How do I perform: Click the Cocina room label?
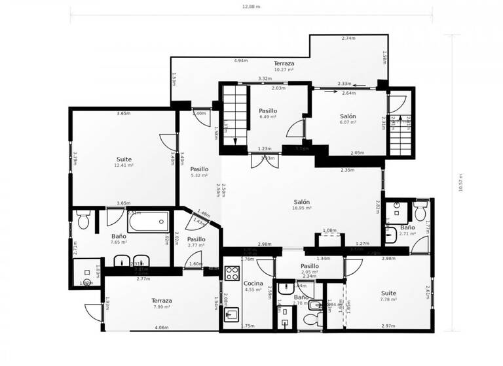pyautogui.click(x=253, y=283)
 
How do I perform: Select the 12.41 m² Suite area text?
pyautogui.click(x=124, y=165)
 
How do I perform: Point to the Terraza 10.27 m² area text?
pyautogui.click(x=284, y=69)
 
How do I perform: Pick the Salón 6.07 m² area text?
pyautogui.click(x=348, y=122)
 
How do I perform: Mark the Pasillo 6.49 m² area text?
pyautogui.click(x=268, y=117)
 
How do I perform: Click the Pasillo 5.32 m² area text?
pyautogui.click(x=199, y=175)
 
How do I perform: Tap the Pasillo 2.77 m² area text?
pyautogui.click(x=196, y=245)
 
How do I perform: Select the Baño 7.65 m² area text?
pyautogui.click(x=119, y=242)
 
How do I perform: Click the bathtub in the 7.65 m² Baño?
pyautogui.click(x=147, y=222)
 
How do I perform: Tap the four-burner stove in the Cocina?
pyautogui.click(x=233, y=273)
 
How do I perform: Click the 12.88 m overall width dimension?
pyautogui.click(x=251, y=7)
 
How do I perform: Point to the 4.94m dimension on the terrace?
pyautogui.click(x=240, y=61)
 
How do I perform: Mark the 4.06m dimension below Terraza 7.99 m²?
pyautogui.click(x=161, y=327)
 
